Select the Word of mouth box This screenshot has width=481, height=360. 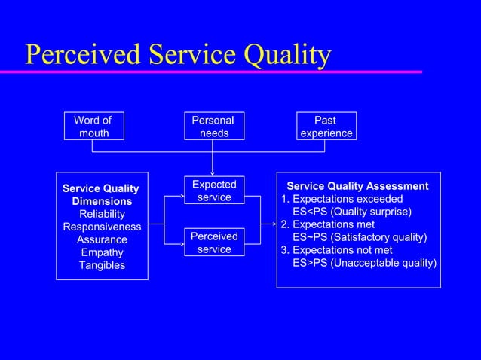[93, 127]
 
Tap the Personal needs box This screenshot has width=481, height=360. [213, 127]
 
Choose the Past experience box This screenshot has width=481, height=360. [325, 127]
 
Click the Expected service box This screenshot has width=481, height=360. [214, 191]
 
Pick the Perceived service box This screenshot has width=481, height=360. [214, 243]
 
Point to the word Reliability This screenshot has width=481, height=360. [102, 215]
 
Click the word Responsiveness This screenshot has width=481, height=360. [102, 227]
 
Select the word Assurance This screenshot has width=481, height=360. [102, 240]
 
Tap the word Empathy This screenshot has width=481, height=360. [102, 253]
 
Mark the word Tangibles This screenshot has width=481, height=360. [102, 266]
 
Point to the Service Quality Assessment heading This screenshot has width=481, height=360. [357, 186]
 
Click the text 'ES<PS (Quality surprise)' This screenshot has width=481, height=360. [352, 212]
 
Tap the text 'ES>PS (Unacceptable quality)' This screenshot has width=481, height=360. [364, 263]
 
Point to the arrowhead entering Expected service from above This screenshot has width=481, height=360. [213, 174]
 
